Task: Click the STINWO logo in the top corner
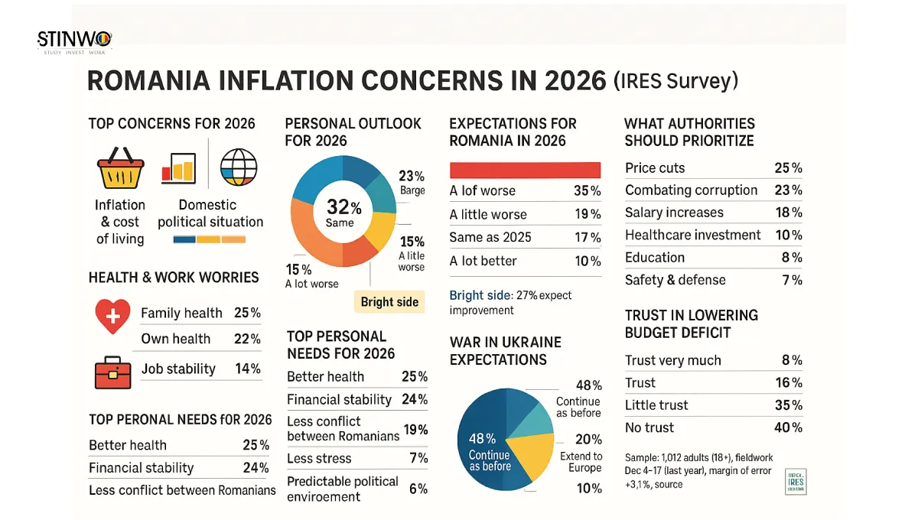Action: coord(74,41)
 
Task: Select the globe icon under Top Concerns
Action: coord(239,167)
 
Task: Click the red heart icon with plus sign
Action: coord(112,316)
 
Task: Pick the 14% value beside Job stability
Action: coord(248,369)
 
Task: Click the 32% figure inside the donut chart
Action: coord(343,206)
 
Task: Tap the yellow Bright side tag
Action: coord(389,301)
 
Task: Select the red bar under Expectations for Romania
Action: coord(525,170)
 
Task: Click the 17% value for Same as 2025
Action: coord(588,237)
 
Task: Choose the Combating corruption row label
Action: coord(691,190)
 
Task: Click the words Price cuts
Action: coord(655,168)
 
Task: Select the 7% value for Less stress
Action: coord(418,458)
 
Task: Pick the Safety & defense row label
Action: coord(675,280)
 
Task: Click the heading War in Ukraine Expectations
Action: coord(505,351)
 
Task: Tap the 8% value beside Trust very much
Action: coord(791,360)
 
